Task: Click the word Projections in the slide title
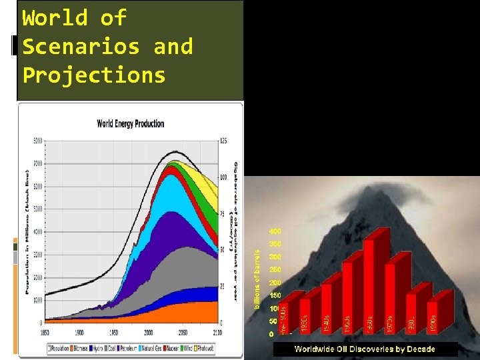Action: click(94, 75)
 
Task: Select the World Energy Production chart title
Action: click(131, 123)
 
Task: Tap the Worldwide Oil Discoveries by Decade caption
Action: click(365, 349)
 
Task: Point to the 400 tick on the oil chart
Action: click(275, 231)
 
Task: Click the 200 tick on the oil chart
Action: click(275, 283)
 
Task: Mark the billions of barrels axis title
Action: click(259, 279)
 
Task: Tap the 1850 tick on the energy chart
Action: click(45, 331)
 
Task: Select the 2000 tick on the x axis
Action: click(149, 331)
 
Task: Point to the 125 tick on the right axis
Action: click(223, 141)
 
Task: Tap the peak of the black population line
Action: click(175, 152)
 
